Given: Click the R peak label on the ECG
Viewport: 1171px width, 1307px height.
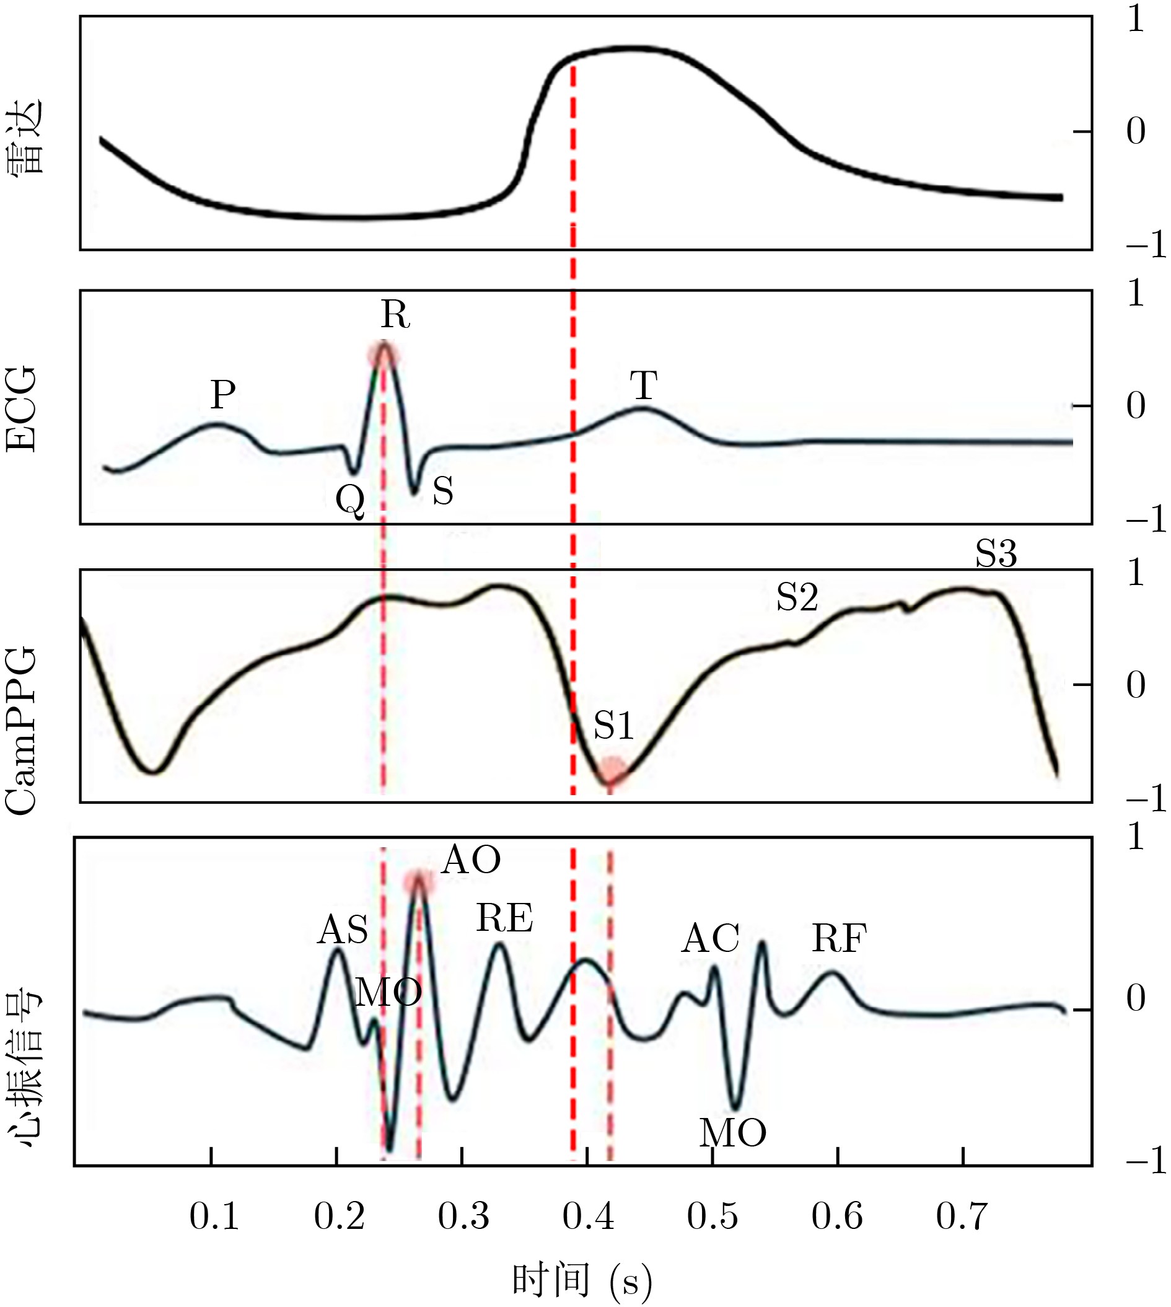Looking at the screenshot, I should [395, 315].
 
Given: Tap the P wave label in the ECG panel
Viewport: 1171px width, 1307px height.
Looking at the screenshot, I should [222, 395].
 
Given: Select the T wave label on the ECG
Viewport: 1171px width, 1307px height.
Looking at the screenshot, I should [643, 386].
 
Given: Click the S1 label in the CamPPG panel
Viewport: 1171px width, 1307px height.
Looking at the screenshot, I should [613, 726].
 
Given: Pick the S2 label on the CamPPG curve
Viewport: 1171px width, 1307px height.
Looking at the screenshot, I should [797, 598].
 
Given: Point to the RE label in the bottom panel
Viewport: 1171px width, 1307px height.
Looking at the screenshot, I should [504, 918].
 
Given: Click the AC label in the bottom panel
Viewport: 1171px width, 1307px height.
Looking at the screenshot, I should [710, 939].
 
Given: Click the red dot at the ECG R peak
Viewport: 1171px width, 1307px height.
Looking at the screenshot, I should [384, 353].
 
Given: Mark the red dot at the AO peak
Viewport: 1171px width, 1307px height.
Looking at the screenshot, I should [419, 883].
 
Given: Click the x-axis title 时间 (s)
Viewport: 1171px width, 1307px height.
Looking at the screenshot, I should [582, 1280].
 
